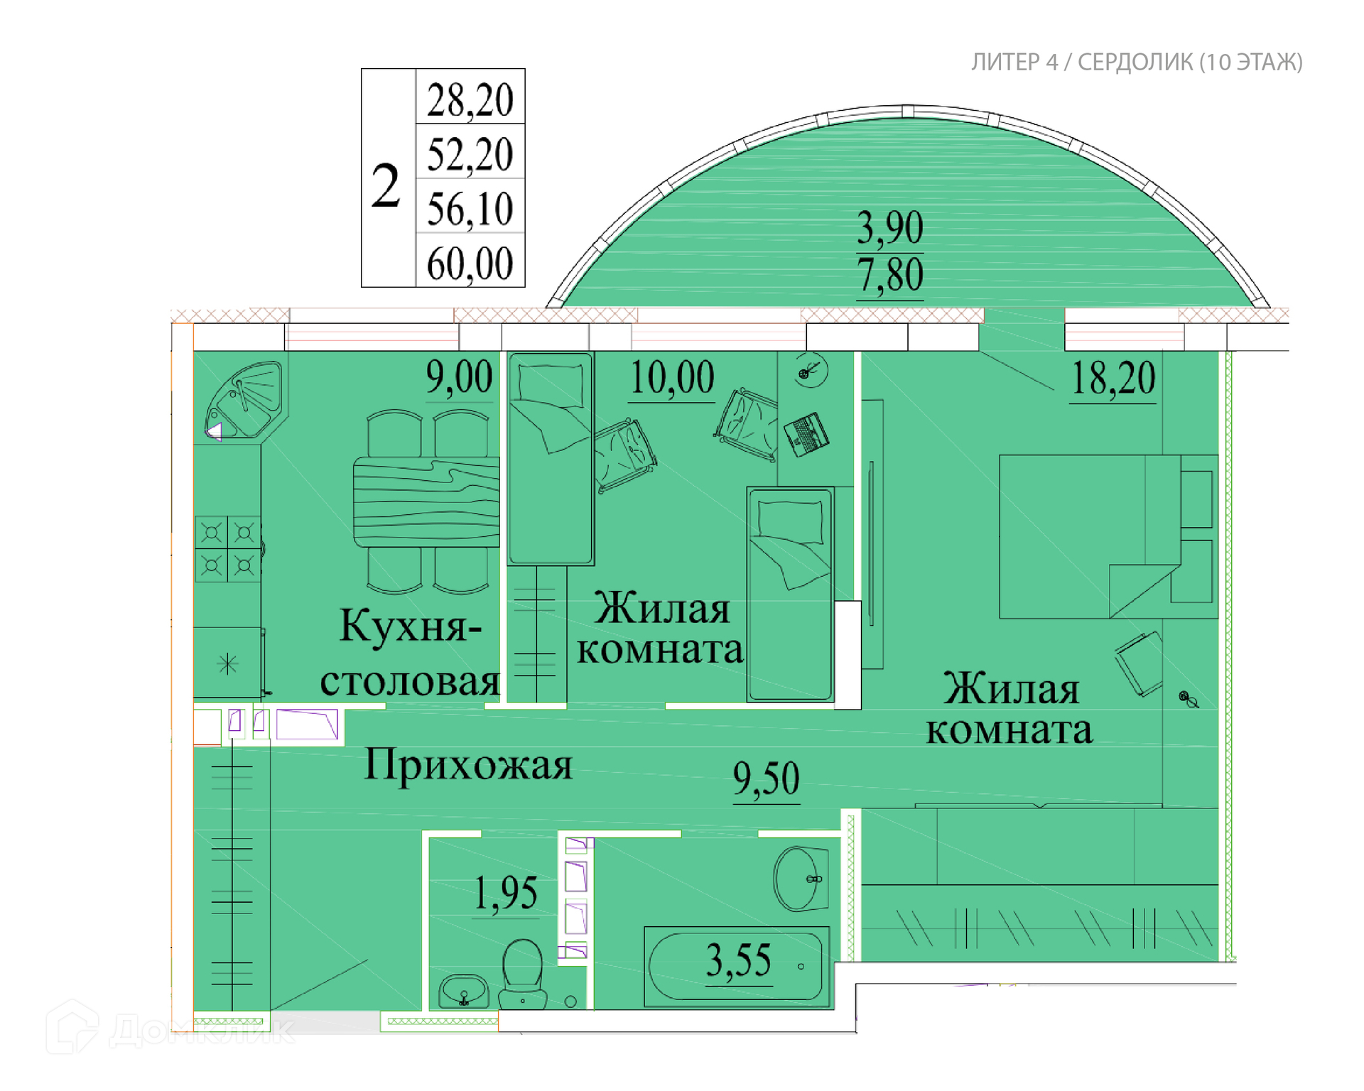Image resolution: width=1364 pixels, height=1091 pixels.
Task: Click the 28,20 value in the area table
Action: pos(470,100)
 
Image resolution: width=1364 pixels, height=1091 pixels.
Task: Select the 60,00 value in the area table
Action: pos(470,264)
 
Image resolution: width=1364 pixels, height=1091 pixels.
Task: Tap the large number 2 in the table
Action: pos(386,185)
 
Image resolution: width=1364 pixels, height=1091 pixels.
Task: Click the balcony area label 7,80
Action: pos(889,275)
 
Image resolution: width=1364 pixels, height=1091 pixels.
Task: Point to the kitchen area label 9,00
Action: pos(459,377)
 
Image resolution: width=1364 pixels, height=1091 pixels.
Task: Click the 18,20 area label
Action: pos(1113,378)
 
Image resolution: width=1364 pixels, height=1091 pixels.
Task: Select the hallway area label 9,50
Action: pos(766,778)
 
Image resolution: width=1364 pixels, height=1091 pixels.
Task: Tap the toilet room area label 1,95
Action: pos(505,893)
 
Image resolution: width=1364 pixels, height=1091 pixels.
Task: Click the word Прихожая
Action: pos(468,766)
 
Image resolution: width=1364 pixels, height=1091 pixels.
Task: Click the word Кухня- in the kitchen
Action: pos(411,626)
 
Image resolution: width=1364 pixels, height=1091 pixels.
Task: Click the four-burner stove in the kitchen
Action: pos(228,549)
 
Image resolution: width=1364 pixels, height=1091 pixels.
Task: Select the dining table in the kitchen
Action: pos(426,502)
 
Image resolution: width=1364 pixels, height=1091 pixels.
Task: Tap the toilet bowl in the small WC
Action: pos(522,973)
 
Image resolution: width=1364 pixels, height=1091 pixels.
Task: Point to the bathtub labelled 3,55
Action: pos(737,966)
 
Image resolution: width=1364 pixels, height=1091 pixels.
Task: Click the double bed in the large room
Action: pos(1108,536)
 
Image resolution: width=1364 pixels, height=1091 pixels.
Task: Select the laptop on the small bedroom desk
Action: pos(806,434)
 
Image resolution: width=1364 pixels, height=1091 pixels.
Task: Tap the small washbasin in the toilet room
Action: pos(463,991)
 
